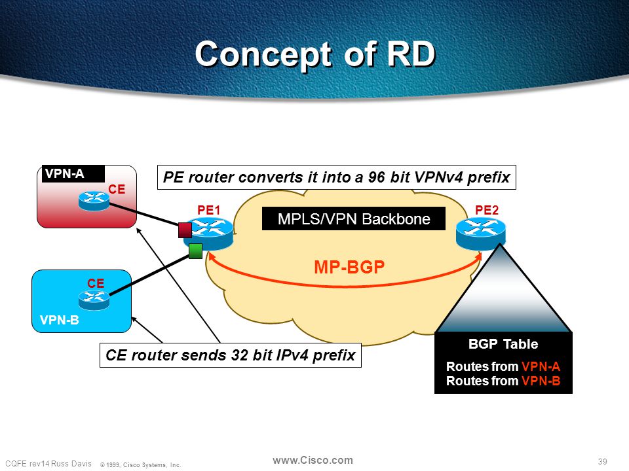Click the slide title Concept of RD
click(315, 54)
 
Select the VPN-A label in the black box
click(65, 174)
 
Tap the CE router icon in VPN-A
click(94, 201)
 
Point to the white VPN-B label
click(60, 320)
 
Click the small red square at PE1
click(185, 230)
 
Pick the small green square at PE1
click(195, 251)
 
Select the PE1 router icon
click(208, 234)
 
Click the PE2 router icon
click(480, 234)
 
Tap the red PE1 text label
click(208, 210)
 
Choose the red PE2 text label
click(487, 210)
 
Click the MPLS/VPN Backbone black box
click(353, 218)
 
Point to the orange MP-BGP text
click(349, 267)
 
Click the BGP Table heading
click(503, 344)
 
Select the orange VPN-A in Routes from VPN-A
click(541, 366)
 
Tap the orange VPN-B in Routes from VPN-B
click(541, 381)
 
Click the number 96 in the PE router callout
click(376, 177)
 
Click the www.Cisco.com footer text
click(313, 461)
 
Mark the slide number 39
click(603, 461)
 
